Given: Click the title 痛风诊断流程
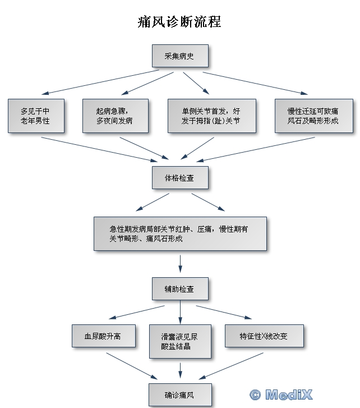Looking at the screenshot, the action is click(x=179, y=21).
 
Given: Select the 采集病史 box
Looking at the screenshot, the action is click(x=180, y=56).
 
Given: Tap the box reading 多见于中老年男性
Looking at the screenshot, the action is click(x=36, y=116).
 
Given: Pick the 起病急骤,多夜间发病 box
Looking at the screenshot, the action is click(x=116, y=116).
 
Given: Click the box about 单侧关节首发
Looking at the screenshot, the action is click(x=212, y=116).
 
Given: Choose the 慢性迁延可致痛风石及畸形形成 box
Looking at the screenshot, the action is click(x=314, y=116).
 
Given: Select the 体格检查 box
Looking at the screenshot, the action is click(x=180, y=178).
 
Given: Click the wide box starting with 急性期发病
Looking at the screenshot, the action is click(x=180, y=233).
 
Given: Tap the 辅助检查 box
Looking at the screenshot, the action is click(x=180, y=289).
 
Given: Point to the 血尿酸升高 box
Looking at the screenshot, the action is click(x=104, y=336).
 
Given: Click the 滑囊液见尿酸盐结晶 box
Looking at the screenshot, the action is click(x=180, y=341).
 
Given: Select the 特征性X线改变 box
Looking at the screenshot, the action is click(x=264, y=336).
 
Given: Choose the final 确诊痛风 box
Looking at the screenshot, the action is click(x=180, y=395).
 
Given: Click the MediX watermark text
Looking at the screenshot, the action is click(x=289, y=395).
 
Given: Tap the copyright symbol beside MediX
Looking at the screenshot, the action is click(x=255, y=395).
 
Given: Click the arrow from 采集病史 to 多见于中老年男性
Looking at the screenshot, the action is click(x=100, y=82).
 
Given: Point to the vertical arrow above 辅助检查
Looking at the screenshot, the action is click(x=180, y=264).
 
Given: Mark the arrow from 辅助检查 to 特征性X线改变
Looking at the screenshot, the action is click(x=224, y=312).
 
